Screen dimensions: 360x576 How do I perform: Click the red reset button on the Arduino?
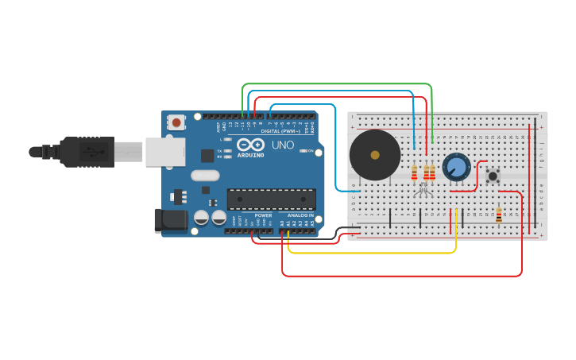[176, 122]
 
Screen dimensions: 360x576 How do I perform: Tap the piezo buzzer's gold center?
[375, 155]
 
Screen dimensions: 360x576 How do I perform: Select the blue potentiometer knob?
[456, 167]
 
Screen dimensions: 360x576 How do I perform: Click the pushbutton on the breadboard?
[493, 176]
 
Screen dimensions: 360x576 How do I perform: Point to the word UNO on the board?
[284, 145]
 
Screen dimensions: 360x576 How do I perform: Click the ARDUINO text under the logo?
[250, 155]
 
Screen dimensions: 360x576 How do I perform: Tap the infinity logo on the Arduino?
[249, 145]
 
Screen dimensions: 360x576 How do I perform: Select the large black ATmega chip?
[271, 199]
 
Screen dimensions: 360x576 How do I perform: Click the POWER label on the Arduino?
[264, 215]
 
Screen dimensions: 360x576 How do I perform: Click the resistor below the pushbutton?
[499, 215]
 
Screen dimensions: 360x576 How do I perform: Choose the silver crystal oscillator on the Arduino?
[205, 176]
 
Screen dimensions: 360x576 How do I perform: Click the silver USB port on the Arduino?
[164, 152]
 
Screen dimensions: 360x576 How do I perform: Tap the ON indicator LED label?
[310, 151]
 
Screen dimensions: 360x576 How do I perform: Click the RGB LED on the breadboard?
[423, 190]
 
